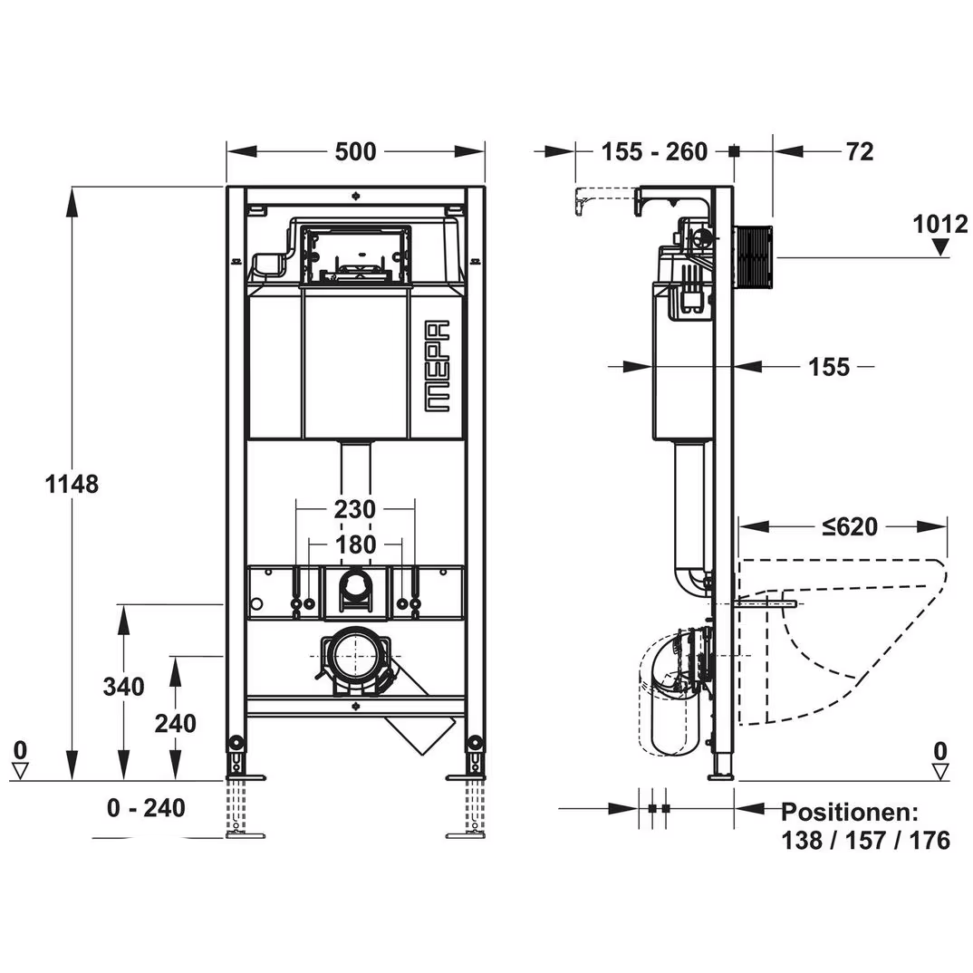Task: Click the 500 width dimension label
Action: click(x=355, y=151)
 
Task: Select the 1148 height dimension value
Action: click(x=72, y=484)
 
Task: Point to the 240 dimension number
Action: click(x=175, y=723)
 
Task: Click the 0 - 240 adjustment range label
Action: click(x=145, y=807)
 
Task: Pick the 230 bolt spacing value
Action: click(x=354, y=510)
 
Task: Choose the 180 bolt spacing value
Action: click(x=354, y=544)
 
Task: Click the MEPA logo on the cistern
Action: click(x=438, y=367)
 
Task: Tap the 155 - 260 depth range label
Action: click(x=654, y=151)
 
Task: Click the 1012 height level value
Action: click(x=939, y=224)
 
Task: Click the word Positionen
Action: click(x=850, y=812)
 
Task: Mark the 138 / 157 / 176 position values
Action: click(x=865, y=841)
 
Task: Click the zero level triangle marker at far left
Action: click(x=20, y=770)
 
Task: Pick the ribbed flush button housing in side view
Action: click(x=753, y=256)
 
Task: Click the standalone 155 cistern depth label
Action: click(x=828, y=366)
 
